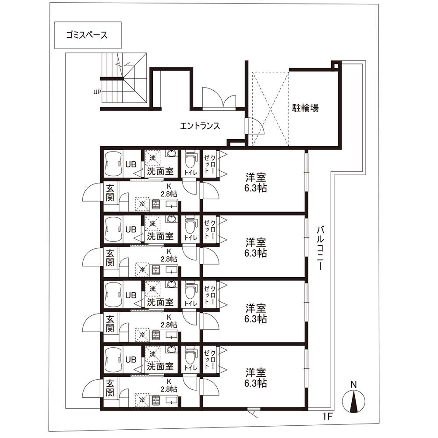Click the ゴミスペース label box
(88, 35)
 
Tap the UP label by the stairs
(97, 92)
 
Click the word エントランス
(200, 126)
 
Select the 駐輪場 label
(305, 108)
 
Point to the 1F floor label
(328, 417)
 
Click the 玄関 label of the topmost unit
(110, 193)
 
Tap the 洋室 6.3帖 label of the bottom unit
(256, 378)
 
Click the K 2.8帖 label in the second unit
(169, 255)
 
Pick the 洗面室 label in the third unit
(160, 302)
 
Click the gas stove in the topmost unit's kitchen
(155, 205)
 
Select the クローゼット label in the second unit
(210, 229)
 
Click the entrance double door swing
(219, 98)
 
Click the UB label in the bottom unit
(131, 360)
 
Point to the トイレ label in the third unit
(191, 304)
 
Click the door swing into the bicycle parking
(255, 126)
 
